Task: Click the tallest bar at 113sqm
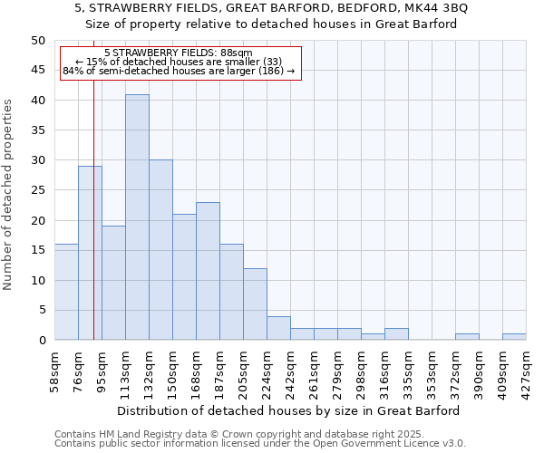pyautogui.click(x=137, y=217)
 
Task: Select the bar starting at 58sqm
pyautogui.click(x=66, y=292)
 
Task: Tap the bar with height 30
pyautogui.click(x=160, y=250)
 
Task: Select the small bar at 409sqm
pyautogui.click(x=514, y=337)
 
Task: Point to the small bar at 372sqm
pyautogui.click(x=467, y=337)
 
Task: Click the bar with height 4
pyautogui.click(x=278, y=328)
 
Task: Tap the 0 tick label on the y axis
pyautogui.click(x=42, y=341)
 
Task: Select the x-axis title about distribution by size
pyautogui.click(x=288, y=410)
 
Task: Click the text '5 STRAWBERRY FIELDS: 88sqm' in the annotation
pyautogui.click(x=179, y=53)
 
